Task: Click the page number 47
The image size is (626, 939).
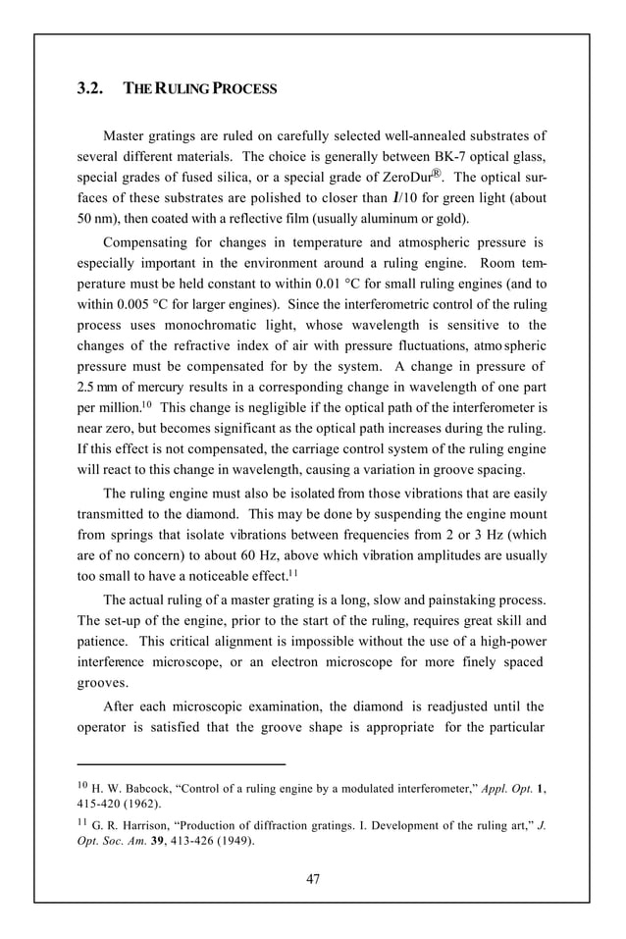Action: [312, 879]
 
